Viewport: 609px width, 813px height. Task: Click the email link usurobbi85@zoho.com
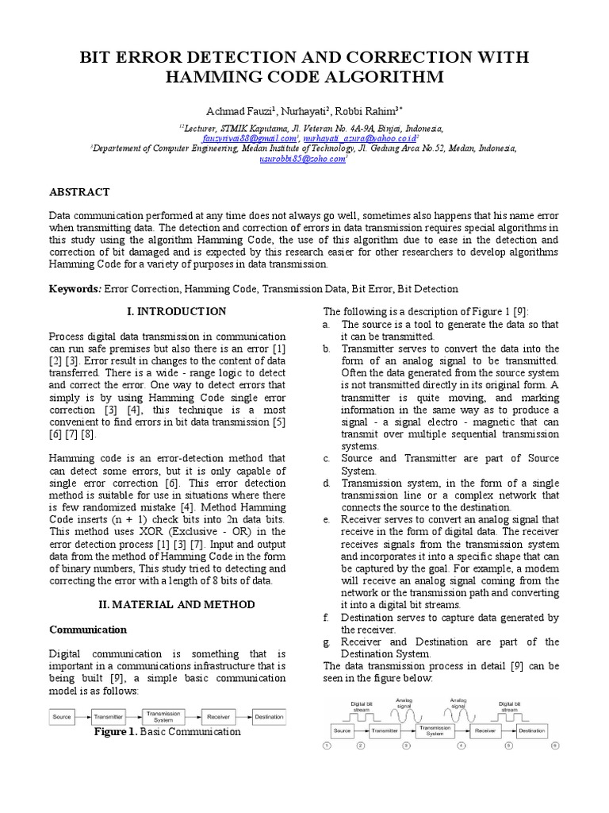point(302,158)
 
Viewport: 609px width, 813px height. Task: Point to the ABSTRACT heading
point(79,192)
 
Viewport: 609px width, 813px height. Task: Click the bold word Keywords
point(75,290)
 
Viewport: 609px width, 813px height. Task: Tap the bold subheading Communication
point(88,630)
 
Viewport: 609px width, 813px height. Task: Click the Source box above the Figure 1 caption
point(62,717)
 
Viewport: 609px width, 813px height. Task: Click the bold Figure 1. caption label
point(115,732)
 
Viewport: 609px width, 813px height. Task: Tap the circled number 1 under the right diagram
point(328,746)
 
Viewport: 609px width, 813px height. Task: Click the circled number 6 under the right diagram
point(555,746)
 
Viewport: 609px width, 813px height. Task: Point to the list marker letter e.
point(326,519)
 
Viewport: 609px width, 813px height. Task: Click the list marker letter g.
point(326,642)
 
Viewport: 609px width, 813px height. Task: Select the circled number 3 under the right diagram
point(407,746)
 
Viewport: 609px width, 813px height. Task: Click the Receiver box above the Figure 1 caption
point(216,717)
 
